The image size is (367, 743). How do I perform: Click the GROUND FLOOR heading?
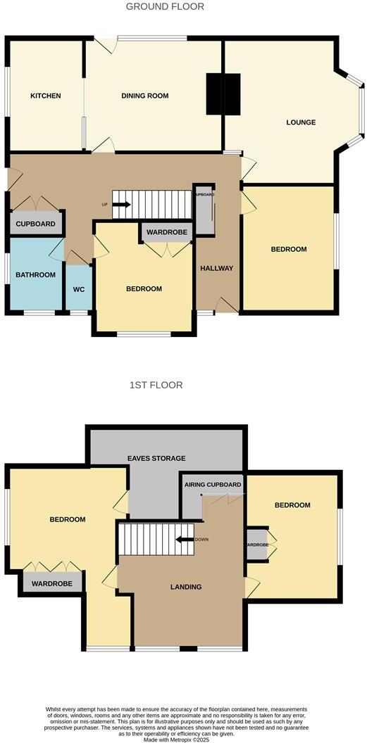pos(165,6)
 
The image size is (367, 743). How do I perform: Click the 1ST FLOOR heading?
pos(156,385)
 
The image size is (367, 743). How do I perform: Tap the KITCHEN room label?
pos(45,96)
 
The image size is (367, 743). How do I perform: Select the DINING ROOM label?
pos(144,96)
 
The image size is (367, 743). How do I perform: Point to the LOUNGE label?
pos(301,122)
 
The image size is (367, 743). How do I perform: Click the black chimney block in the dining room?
pos(223,94)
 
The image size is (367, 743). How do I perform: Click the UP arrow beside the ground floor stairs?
pos(120,205)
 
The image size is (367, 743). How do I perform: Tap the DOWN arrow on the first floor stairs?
pos(185,540)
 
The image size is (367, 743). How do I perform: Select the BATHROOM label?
pos(35,275)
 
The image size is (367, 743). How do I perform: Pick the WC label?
pos(79,288)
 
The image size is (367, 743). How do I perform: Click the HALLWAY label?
pos(216,268)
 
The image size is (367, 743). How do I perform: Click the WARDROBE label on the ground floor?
pos(167,231)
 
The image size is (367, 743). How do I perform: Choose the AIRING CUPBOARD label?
pos(213,485)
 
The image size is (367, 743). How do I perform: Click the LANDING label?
pos(186,587)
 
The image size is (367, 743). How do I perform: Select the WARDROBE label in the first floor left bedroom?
pos(53,583)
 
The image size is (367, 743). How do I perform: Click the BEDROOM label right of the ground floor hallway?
pos(289,250)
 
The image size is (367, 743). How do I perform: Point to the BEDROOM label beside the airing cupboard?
pos(292,505)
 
